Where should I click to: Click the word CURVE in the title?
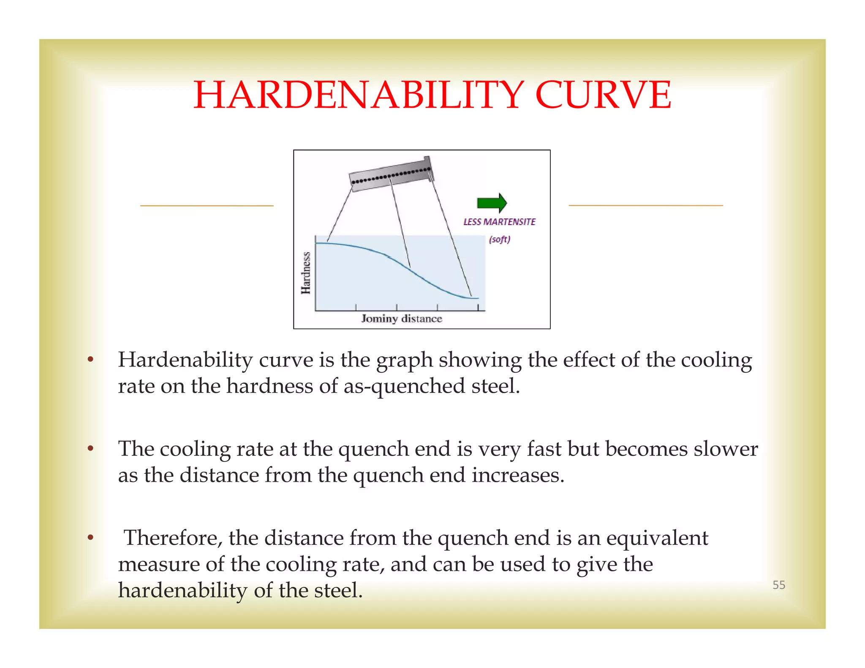tap(603, 95)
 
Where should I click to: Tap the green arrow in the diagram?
tap(492, 203)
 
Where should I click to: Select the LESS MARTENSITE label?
tap(499, 222)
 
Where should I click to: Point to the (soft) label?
tap(500, 239)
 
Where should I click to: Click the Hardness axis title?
tap(306, 273)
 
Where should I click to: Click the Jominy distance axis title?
tap(401, 319)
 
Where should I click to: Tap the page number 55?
tap(778, 585)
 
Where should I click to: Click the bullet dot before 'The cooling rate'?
tap(90, 449)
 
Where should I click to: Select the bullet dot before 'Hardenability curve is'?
tap(90, 360)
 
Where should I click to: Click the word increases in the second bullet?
tap(518, 475)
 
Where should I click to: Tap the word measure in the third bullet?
tap(159, 565)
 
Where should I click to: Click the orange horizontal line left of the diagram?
tap(207, 206)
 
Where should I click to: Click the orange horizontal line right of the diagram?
tap(646, 206)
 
